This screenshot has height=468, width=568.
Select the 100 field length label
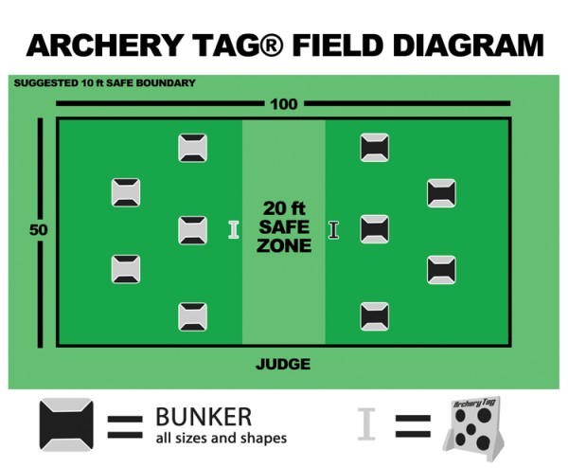click(283, 103)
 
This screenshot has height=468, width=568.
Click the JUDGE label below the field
click(283, 364)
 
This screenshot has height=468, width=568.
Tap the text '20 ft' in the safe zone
click(283, 208)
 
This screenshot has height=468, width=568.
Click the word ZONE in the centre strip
click(283, 246)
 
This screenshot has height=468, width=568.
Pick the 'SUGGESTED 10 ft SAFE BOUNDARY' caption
click(104, 83)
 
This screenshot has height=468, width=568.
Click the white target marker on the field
click(234, 229)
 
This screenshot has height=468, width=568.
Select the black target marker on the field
click(333, 229)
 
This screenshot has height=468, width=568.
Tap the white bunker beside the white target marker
click(192, 230)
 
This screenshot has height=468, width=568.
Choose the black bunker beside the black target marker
click(375, 229)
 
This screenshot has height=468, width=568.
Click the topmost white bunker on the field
click(192, 148)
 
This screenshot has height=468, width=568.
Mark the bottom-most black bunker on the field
click(375, 315)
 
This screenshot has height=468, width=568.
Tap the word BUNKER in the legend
click(204, 417)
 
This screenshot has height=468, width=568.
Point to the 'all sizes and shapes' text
click(221, 438)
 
